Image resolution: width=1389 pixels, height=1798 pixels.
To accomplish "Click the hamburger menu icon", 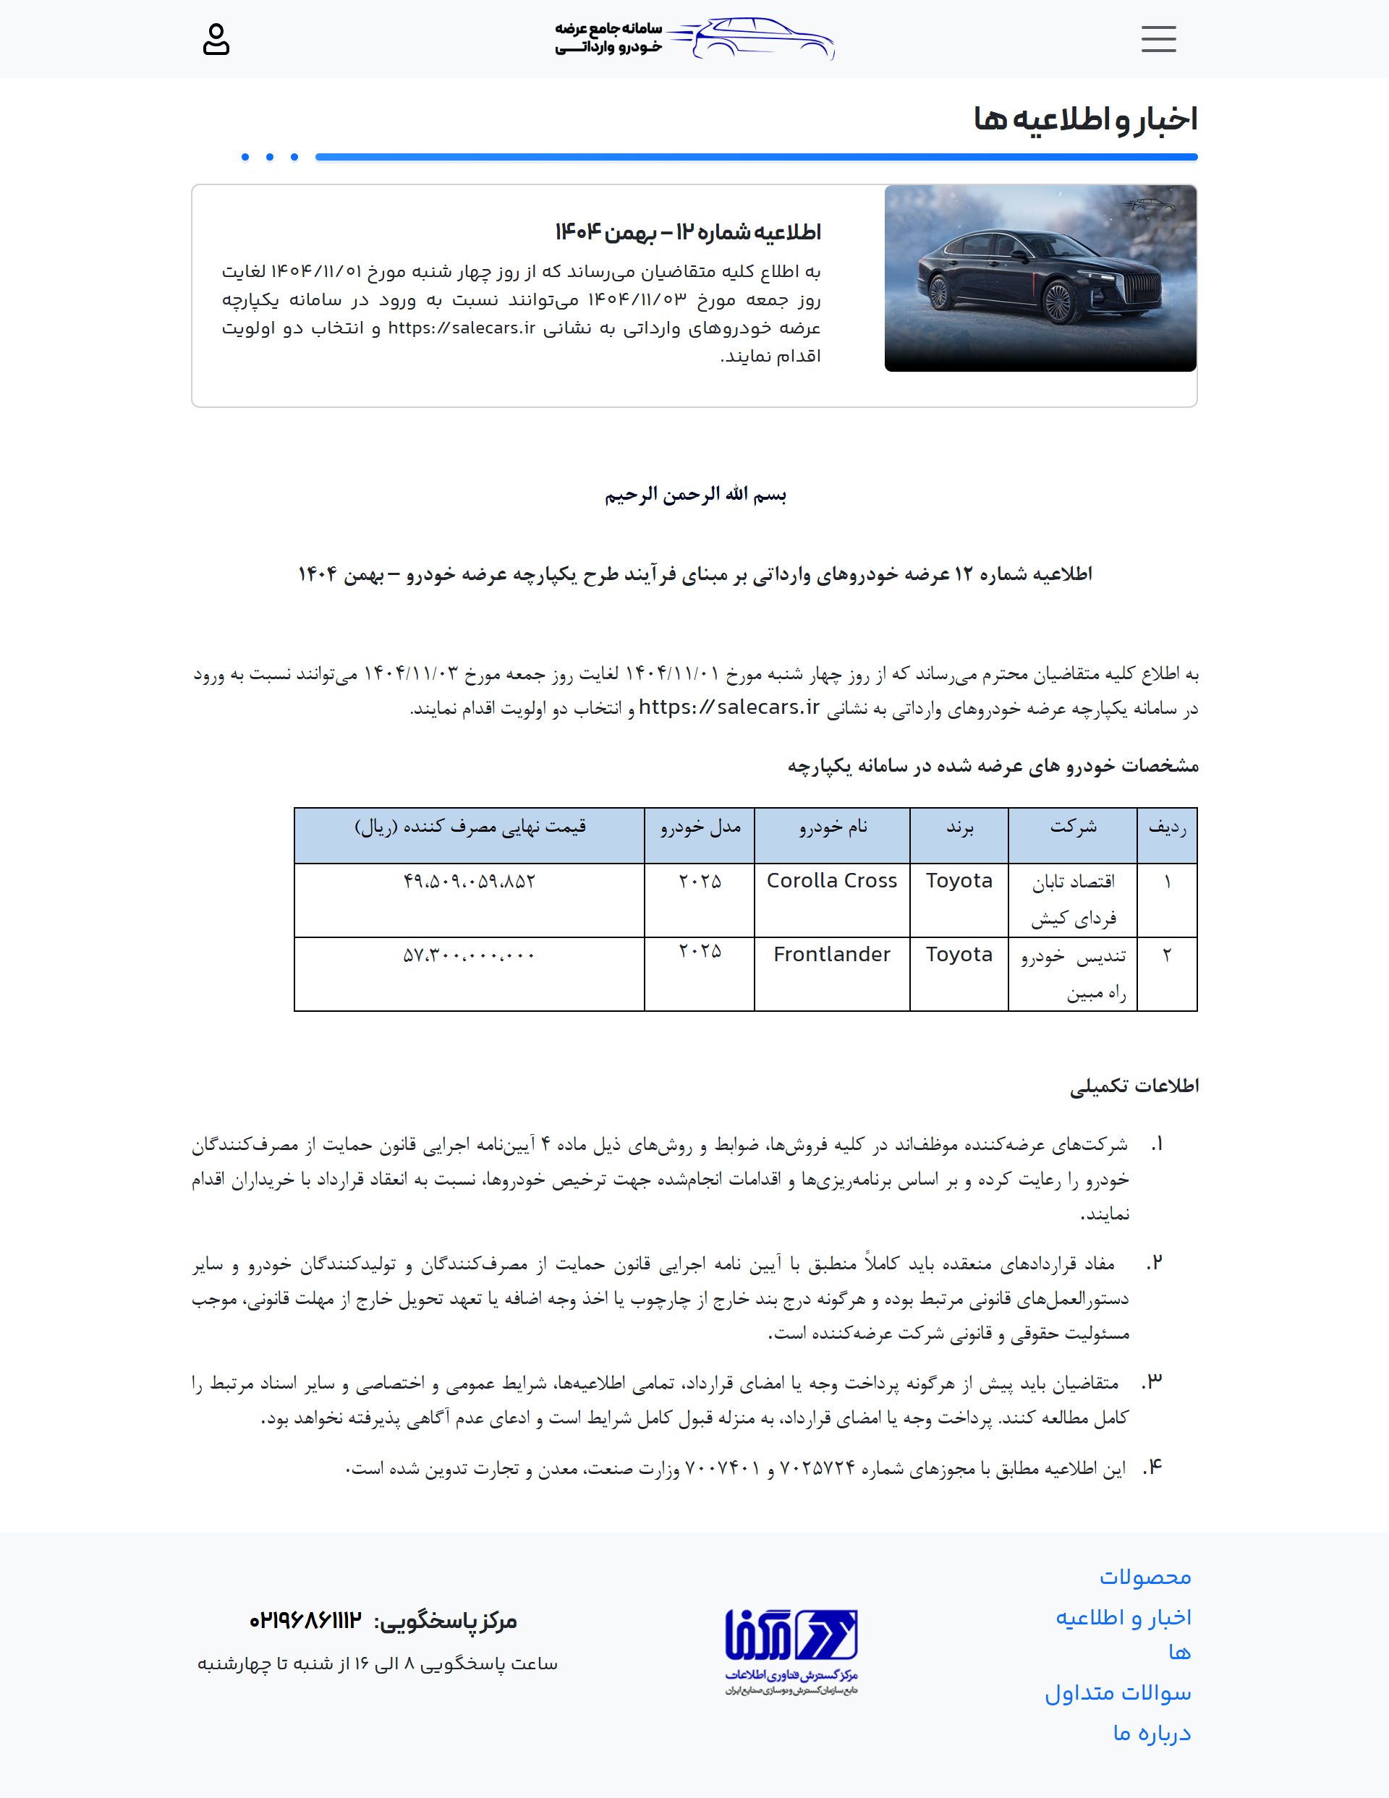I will (1158, 38).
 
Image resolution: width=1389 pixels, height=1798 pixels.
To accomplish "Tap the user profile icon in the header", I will (216, 40).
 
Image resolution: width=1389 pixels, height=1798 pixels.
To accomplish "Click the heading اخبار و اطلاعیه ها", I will (1084, 119).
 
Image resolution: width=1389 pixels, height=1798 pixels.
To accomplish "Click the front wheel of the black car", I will (1059, 302).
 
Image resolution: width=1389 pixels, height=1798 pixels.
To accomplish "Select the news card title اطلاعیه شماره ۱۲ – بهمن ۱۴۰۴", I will (687, 232).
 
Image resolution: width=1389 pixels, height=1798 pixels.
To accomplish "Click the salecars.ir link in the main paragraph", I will (729, 707).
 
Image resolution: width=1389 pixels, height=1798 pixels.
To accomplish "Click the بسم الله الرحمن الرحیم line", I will (695, 494).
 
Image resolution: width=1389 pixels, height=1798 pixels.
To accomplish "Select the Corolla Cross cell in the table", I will (831, 881).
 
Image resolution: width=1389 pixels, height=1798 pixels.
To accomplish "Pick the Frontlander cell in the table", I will (831, 954).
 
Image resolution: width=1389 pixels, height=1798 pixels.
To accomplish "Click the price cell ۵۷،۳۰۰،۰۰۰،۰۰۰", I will (469, 955).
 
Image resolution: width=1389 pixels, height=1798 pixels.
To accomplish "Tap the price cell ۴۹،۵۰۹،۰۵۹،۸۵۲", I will (469, 882).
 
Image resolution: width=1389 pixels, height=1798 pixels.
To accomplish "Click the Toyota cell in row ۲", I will (959, 954).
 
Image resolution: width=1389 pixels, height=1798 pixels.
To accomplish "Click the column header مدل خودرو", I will (700, 827).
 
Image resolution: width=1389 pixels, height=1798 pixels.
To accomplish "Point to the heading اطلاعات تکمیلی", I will (1134, 1086).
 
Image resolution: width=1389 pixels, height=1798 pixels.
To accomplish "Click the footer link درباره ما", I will (1151, 1733).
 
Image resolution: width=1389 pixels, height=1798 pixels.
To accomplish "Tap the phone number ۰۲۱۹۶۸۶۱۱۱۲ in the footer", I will (305, 1621).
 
